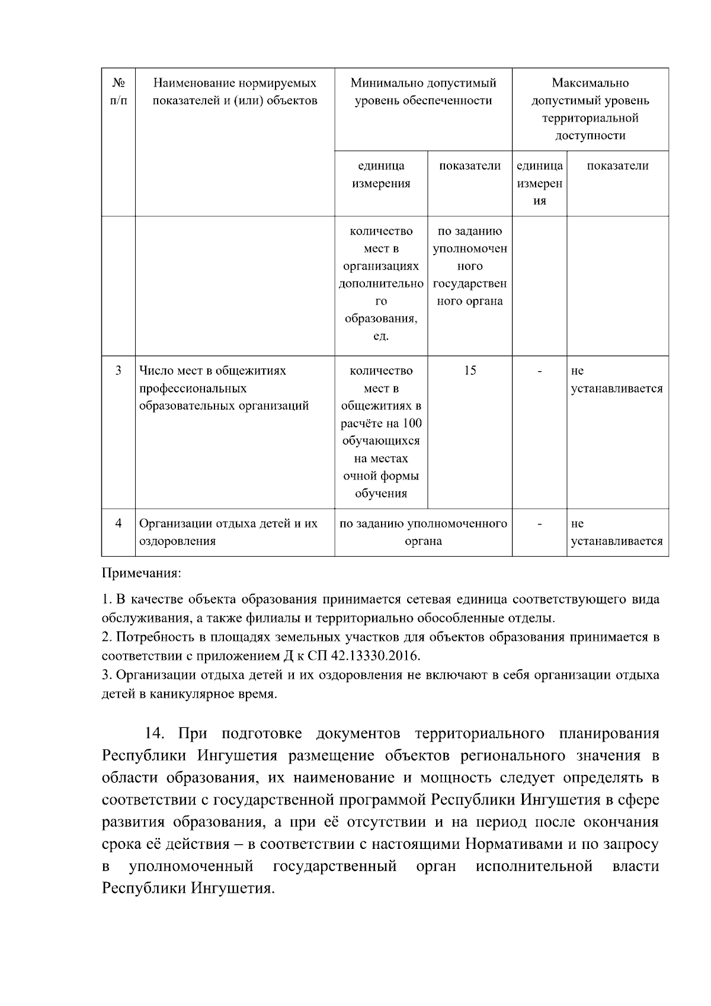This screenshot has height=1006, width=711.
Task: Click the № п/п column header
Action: point(118,92)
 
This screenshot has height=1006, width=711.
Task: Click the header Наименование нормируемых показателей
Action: point(235,92)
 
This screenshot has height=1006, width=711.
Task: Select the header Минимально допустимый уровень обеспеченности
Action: point(423,92)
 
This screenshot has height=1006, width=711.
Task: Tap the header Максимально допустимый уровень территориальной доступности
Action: point(590,109)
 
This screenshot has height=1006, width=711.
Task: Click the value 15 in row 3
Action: point(470,371)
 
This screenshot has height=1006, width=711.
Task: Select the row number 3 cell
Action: point(118,371)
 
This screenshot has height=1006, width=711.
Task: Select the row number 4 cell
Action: point(118,523)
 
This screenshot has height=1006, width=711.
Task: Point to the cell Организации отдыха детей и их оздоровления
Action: point(228,532)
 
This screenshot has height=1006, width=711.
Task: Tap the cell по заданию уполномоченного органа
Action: point(423,532)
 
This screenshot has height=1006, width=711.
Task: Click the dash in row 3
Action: point(539,371)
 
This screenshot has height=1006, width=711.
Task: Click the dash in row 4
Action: point(539,523)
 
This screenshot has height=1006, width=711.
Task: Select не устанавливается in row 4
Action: point(616,532)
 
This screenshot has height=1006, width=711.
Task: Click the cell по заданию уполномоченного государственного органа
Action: point(470,266)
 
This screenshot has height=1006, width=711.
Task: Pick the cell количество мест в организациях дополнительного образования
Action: point(381,283)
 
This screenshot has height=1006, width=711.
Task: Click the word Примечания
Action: point(142,574)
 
